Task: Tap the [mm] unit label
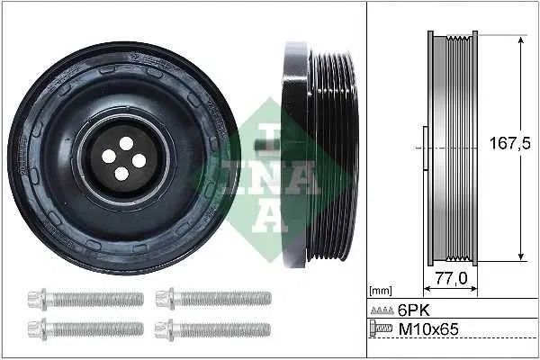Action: point(382,292)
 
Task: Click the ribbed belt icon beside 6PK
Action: point(382,309)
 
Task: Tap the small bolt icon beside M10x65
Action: point(382,329)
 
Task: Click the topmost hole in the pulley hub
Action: point(126,143)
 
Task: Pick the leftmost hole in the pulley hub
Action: point(109,156)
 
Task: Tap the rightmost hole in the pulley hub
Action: point(139,160)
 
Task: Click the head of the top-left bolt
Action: point(38,298)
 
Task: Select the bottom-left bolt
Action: point(85,329)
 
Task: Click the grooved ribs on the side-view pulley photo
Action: point(320,153)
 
